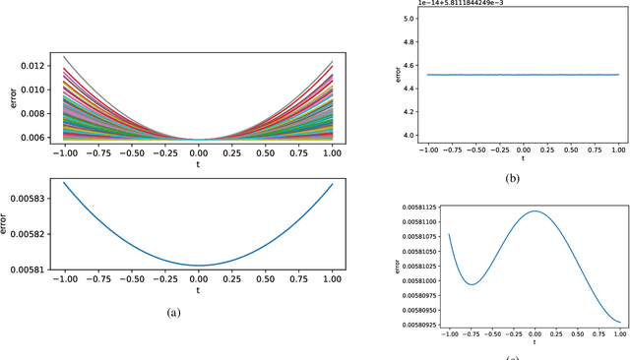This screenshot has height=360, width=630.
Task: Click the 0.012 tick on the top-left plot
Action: click(31, 66)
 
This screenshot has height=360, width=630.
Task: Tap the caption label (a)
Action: click(172, 312)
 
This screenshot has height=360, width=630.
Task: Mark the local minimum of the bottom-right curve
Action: click(472, 284)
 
